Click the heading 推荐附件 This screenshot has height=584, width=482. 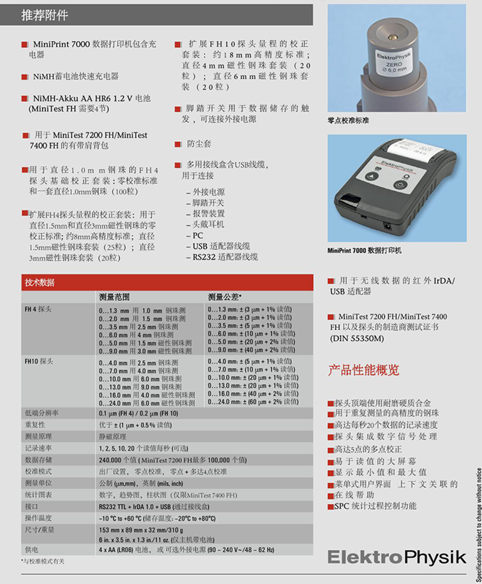(45, 15)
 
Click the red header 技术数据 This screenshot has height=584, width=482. (40, 282)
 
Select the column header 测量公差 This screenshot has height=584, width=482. (224, 297)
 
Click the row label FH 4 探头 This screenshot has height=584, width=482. (38, 309)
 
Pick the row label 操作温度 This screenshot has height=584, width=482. (38, 518)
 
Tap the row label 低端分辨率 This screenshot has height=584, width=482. (42, 413)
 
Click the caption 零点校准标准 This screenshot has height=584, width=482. (348, 120)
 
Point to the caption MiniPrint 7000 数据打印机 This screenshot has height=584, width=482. (364, 250)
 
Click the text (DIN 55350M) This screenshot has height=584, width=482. (357, 338)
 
